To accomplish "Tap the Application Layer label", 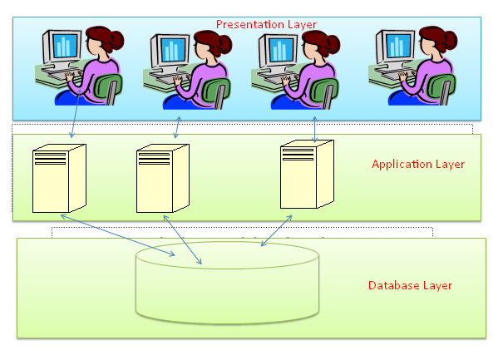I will (x=417, y=164).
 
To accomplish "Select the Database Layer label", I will (x=410, y=285).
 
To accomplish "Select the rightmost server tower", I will (x=306, y=175).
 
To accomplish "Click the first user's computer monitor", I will (x=63, y=46).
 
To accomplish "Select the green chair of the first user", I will (x=107, y=86).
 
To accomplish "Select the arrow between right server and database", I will (x=276, y=230).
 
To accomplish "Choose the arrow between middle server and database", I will (x=183, y=239).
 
